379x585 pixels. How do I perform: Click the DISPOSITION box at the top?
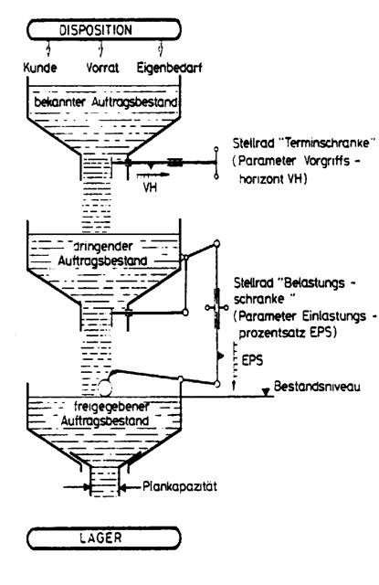click(x=104, y=29)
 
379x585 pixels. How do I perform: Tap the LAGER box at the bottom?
click(x=104, y=538)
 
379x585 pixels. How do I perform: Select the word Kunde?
click(x=40, y=68)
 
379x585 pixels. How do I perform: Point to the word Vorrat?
click(x=102, y=68)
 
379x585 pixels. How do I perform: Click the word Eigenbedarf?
click(x=169, y=69)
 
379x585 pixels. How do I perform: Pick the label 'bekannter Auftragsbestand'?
click(x=105, y=101)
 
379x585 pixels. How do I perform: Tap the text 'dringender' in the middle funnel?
click(x=101, y=246)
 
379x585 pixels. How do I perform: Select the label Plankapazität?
click(x=180, y=486)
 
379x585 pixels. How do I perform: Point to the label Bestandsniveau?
click(x=317, y=386)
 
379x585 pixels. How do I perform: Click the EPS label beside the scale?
click(x=252, y=360)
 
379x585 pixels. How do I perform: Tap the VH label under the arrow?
click(x=150, y=186)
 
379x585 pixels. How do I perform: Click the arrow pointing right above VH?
click(x=153, y=175)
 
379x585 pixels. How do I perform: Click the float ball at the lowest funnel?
click(x=105, y=388)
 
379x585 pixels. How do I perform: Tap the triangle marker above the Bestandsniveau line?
click(x=266, y=392)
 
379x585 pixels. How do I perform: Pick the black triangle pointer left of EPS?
click(x=221, y=356)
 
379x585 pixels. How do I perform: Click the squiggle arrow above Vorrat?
click(x=100, y=48)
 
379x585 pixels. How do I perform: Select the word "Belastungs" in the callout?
click(x=317, y=283)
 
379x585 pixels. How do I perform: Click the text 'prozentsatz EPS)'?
click(x=288, y=333)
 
